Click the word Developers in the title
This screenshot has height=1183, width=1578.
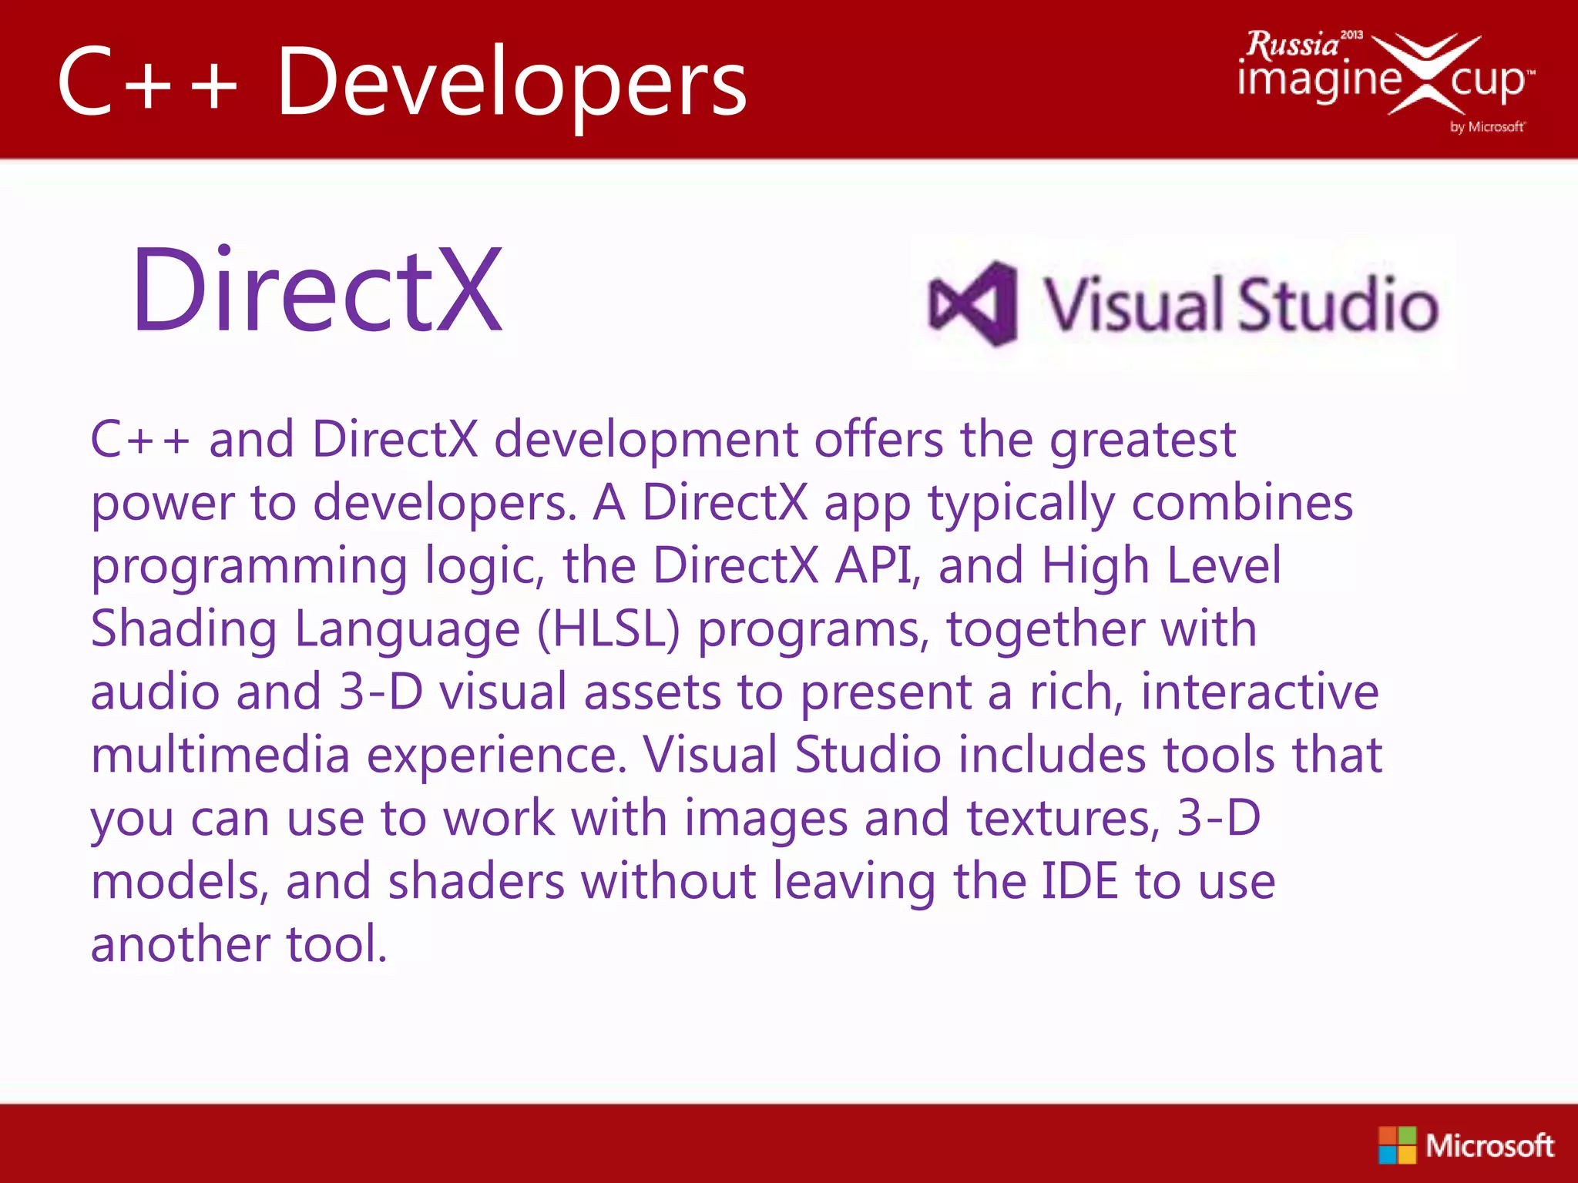512,83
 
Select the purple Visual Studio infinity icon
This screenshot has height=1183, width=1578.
973,303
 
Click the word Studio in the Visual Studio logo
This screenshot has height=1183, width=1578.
1338,303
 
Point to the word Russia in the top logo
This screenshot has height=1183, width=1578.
1292,45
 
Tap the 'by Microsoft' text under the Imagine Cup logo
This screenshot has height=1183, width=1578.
1486,126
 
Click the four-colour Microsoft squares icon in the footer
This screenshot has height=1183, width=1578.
1397,1144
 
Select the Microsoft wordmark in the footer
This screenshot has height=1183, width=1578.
1489,1145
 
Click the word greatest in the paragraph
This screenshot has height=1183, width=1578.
1143,441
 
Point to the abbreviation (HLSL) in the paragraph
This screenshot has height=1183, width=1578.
609,630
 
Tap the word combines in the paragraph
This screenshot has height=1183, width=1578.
1242,503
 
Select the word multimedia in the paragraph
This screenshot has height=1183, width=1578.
220,755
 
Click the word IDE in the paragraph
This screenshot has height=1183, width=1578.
1079,881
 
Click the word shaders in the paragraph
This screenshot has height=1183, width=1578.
475,881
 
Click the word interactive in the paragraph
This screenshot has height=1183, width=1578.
1259,692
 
